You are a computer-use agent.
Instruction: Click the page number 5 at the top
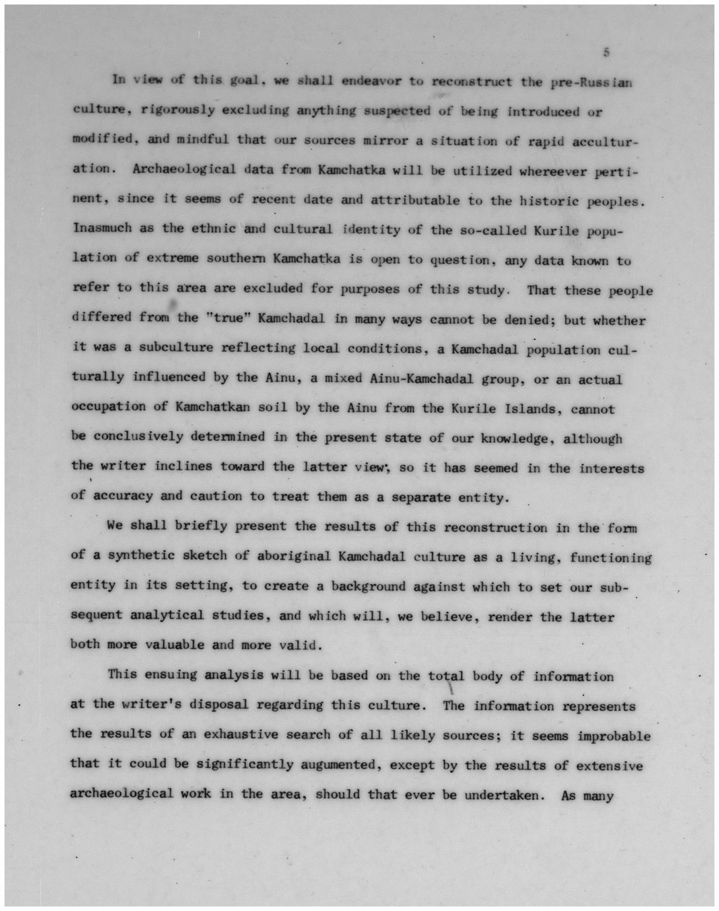click(606, 52)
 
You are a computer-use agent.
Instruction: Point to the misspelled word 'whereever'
click(552, 171)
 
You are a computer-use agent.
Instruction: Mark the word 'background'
click(368, 586)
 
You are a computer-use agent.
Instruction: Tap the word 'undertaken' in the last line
click(502, 795)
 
